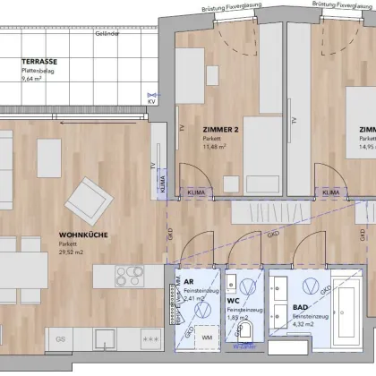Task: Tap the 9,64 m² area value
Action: click(x=34, y=79)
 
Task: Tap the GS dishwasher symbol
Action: click(x=61, y=340)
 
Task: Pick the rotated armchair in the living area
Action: click(x=91, y=196)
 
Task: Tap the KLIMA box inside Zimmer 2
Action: click(x=194, y=192)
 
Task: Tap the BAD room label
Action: click(x=302, y=307)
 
